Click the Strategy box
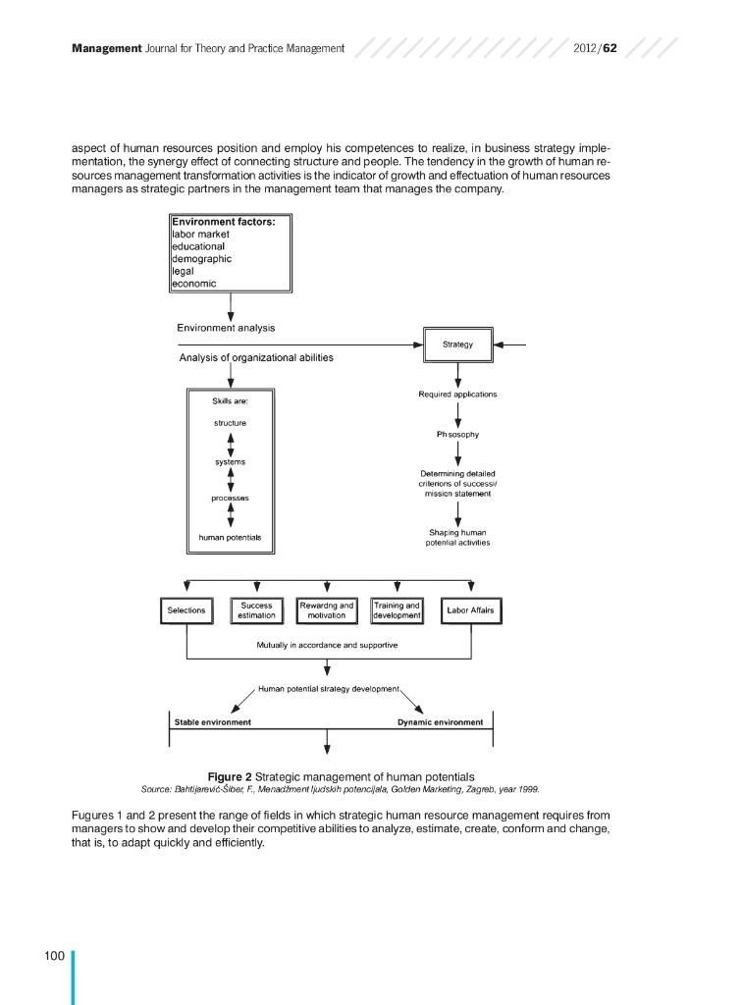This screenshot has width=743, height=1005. [457, 344]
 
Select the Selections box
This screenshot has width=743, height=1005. [186, 610]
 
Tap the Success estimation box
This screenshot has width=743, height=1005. [256, 610]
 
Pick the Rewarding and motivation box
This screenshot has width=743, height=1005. [326, 610]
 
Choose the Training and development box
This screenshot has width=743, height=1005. [397, 610]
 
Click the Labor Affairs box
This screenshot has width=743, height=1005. [472, 610]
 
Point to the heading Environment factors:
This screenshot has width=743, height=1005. [224, 222]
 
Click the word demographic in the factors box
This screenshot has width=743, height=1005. [202, 259]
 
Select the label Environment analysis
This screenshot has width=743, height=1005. [226, 328]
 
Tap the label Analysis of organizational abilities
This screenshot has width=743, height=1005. [256, 358]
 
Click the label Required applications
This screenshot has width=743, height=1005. [457, 395]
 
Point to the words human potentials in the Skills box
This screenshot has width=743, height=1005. [230, 538]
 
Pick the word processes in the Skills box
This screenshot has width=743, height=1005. [230, 499]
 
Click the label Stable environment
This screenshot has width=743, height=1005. [213, 722]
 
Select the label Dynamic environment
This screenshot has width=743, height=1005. [440, 722]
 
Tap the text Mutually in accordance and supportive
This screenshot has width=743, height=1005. [327, 646]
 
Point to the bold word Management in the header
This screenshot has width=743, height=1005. [106, 48]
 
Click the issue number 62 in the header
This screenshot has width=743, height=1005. [610, 48]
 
